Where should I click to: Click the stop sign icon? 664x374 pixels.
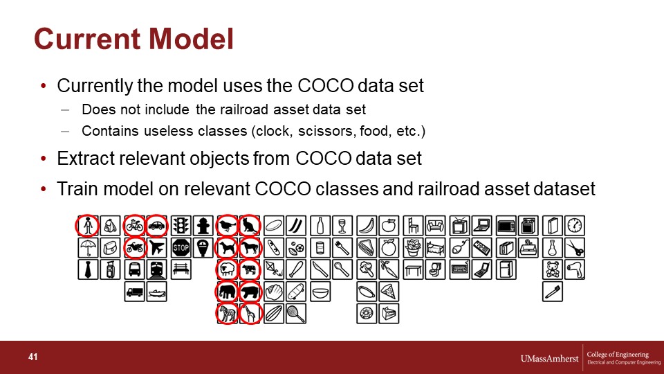click(x=181, y=248)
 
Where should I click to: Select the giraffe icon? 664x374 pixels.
click(x=250, y=314)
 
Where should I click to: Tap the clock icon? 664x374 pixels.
click(x=575, y=226)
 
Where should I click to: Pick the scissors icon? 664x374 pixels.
click(x=575, y=248)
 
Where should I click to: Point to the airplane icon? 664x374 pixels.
click(x=157, y=248)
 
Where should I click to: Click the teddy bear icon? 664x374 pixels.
click(x=553, y=269)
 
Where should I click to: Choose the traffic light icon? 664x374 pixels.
click(x=181, y=226)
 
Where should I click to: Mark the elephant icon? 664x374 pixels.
click(x=228, y=292)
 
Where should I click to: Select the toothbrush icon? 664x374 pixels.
click(x=553, y=292)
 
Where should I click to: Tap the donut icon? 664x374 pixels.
click(x=367, y=314)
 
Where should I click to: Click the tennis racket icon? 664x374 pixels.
click(x=295, y=314)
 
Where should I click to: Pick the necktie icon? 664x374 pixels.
click(x=88, y=269)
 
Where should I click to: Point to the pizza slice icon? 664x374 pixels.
click(x=389, y=292)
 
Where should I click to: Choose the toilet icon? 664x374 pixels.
click(x=435, y=269)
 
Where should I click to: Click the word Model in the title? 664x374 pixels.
click(x=191, y=39)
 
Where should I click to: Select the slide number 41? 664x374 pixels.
click(x=33, y=357)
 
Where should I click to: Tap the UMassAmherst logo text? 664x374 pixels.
click(x=549, y=359)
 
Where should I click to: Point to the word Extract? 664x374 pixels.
click(x=86, y=159)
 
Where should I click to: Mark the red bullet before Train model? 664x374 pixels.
click(x=43, y=188)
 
